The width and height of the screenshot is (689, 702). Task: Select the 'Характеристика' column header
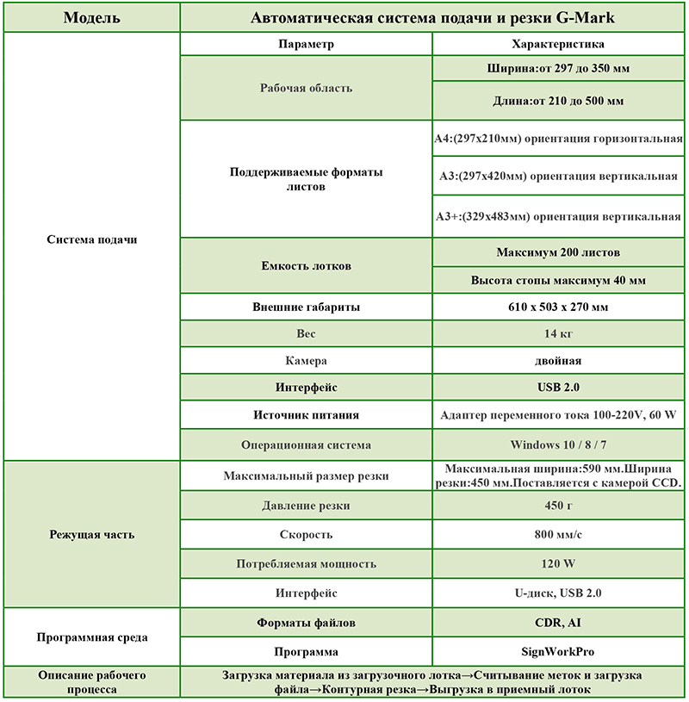pos(557,44)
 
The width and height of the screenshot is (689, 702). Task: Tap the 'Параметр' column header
pos(307,44)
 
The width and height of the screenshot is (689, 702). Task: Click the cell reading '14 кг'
pos(557,333)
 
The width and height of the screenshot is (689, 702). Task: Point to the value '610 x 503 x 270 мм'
pos(557,307)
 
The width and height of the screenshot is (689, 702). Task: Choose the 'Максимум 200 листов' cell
pos(557,252)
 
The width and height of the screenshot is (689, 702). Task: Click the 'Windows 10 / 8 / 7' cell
pos(557,445)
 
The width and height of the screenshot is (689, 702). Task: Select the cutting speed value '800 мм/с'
pos(557,535)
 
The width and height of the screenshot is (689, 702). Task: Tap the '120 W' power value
pos(557,564)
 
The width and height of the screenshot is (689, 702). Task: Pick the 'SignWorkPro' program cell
pos(557,652)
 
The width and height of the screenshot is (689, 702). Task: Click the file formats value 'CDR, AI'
pos(557,622)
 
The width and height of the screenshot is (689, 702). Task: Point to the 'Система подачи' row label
pos(91,239)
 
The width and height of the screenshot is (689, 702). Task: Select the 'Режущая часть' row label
pos(91,535)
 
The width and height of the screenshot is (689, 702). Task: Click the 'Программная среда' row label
pos(91,637)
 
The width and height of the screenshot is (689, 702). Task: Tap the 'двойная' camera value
pos(557,361)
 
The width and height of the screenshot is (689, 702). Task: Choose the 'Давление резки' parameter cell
pos(307,506)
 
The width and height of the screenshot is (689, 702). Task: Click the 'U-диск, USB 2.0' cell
pos(557,593)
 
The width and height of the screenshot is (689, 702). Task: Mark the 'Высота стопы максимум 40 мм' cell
pos(557,280)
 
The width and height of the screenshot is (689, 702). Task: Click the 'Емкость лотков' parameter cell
pos(307,266)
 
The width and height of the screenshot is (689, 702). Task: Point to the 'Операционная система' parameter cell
pos(307,445)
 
